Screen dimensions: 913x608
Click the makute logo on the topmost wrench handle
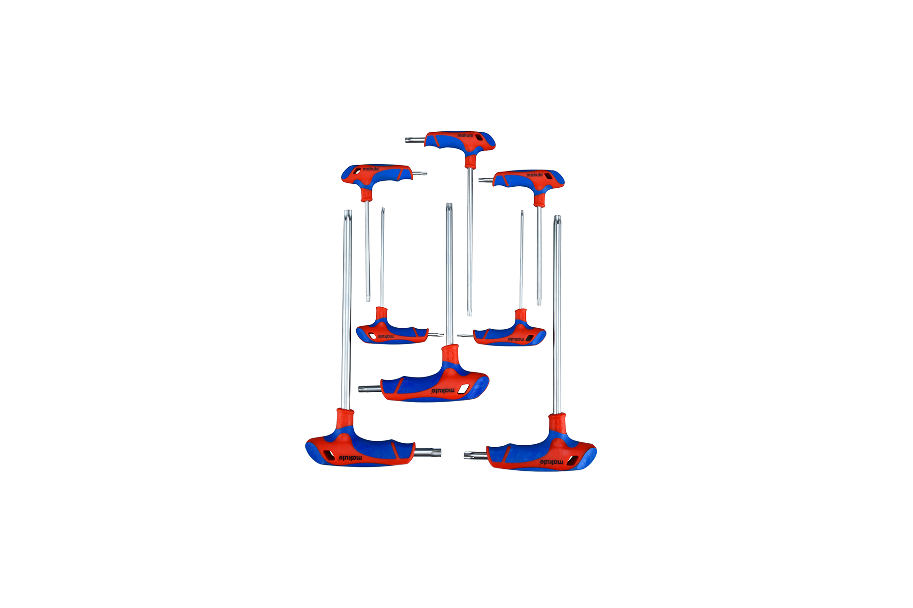point(465,135)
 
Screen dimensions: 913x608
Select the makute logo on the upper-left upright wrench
point(371,169)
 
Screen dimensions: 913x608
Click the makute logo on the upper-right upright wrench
point(535,174)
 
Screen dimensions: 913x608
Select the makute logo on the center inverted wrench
point(443,391)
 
